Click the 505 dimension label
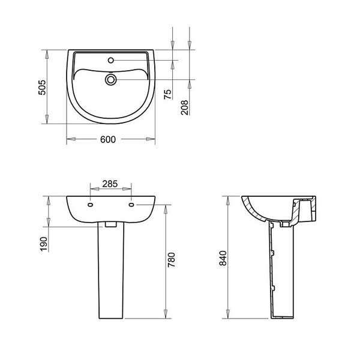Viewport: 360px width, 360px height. coord(42,88)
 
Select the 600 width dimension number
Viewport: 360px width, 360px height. coord(108,139)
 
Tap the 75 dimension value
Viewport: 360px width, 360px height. coord(168,94)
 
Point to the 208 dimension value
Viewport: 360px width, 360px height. coord(184,107)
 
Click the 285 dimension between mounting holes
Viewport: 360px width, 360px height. coord(110,184)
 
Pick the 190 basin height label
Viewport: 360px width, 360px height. coord(44,244)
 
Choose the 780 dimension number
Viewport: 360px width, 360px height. coord(172,260)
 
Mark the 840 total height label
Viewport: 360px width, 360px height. coord(223,258)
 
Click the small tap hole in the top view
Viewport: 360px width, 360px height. coord(111,60)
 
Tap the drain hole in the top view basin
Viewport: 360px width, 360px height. coord(111,80)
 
